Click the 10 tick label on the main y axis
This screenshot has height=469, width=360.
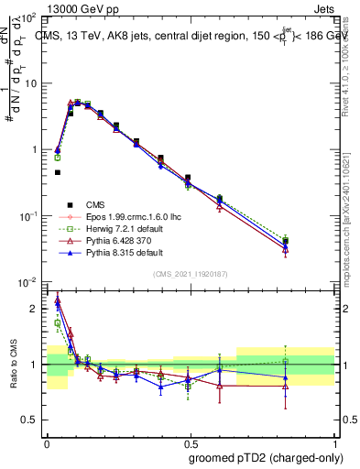click(32, 83)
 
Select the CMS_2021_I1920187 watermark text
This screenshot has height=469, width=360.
click(190, 273)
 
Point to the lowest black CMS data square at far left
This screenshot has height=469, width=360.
click(57, 172)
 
